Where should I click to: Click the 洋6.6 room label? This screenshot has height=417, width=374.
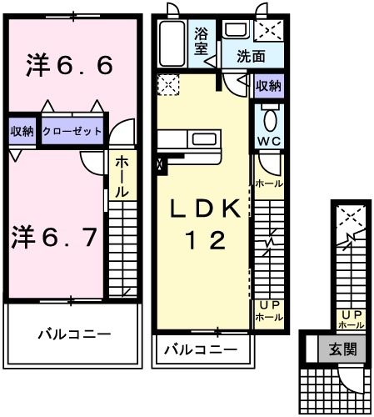pyautogui.click(x=69, y=65)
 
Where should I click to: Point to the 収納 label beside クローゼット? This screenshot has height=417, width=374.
pyautogui.click(x=22, y=131)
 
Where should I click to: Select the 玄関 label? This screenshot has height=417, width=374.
pyautogui.click(x=342, y=349)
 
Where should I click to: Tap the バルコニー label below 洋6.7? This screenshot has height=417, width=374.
pyautogui.click(x=73, y=334)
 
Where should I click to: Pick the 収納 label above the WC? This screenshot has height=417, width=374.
pyautogui.click(x=268, y=86)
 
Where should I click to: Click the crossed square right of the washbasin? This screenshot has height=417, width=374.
pyautogui.click(x=268, y=31)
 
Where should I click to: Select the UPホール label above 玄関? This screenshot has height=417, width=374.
pyautogui.click(x=350, y=319)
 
